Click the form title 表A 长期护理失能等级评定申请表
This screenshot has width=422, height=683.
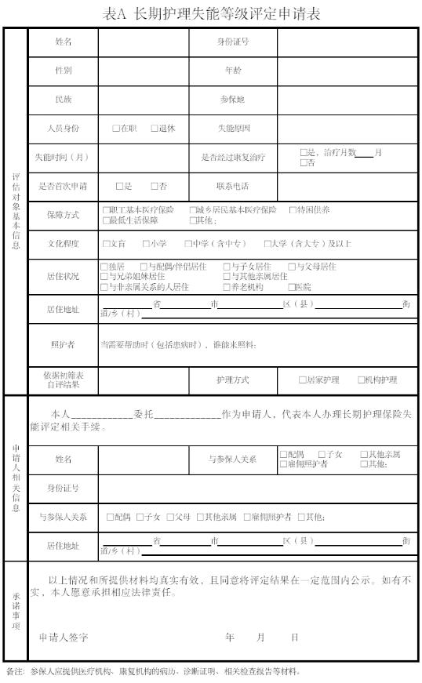tap(211, 13)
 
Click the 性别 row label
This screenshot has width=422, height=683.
tap(63, 70)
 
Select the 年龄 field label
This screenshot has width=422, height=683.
tap(232, 70)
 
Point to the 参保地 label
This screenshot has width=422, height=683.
tap(232, 100)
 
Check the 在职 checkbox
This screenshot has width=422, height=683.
tap(116, 128)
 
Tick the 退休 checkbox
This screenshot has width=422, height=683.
tap(155, 128)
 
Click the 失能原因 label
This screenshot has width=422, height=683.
tap(232, 128)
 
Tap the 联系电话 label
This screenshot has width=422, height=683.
tap(232, 186)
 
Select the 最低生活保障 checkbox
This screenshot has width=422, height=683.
tap(106, 220)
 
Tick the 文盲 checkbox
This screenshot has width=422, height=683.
tap(106, 244)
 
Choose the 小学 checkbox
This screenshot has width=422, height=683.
tap(147, 244)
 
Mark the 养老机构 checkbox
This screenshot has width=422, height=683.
tap(227, 287)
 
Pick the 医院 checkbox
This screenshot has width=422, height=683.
tap(290, 287)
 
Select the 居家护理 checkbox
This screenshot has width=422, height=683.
tap(303, 380)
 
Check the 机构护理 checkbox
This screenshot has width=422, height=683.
tap(362, 380)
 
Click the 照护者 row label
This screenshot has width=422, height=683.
tap(63, 344)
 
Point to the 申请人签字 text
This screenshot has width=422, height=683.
tap(64, 638)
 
